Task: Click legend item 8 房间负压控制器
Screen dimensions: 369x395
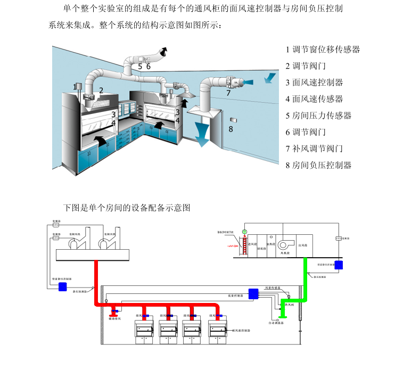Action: click(x=318, y=165)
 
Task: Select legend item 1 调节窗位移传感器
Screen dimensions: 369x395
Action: click(x=323, y=50)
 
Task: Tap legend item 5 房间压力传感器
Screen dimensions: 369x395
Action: click(x=318, y=116)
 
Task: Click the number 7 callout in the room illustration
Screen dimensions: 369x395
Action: click(x=228, y=93)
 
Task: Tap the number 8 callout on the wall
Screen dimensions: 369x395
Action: click(x=231, y=129)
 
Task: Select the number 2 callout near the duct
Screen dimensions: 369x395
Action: click(x=101, y=91)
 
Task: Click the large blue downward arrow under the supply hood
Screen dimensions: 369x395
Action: click(x=203, y=133)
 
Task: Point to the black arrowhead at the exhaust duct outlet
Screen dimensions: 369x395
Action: click(x=165, y=51)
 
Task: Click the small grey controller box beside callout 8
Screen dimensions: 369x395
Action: click(x=233, y=118)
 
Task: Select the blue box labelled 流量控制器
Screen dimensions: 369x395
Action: click(x=253, y=293)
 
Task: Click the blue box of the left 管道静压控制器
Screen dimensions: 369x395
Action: click(x=63, y=286)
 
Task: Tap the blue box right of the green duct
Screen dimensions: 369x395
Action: click(x=339, y=265)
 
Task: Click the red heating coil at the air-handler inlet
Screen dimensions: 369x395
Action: click(x=235, y=247)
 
